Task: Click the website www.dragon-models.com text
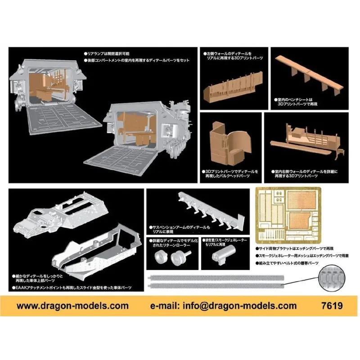click(72, 306)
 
